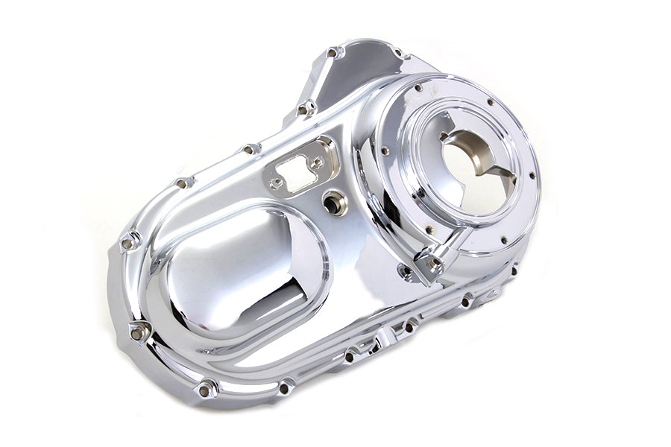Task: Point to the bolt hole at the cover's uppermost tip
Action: point(333,53)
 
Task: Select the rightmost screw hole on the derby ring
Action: point(532,177)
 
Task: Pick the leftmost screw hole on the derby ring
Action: point(385,151)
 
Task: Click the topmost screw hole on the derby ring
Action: point(490,103)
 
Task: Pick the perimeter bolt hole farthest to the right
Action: point(513,270)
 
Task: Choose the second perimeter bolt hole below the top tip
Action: point(306,109)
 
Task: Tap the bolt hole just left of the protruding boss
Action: point(406,272)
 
